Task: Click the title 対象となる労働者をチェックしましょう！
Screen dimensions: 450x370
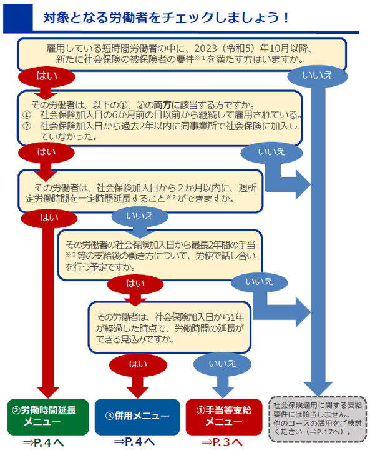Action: click(x=167, y=18)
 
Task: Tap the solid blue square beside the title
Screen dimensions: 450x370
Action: click(x=17, y=19)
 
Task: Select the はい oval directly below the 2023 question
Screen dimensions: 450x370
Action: click(x=47, y=76)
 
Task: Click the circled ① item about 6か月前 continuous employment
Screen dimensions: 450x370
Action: click(x=163, y=115)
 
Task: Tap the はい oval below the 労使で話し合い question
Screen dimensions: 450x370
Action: click(x=136, y=283)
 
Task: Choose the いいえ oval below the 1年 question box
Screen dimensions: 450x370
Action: click(x=222, y=363)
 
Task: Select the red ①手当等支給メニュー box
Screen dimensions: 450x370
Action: click(x=223, y=416)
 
